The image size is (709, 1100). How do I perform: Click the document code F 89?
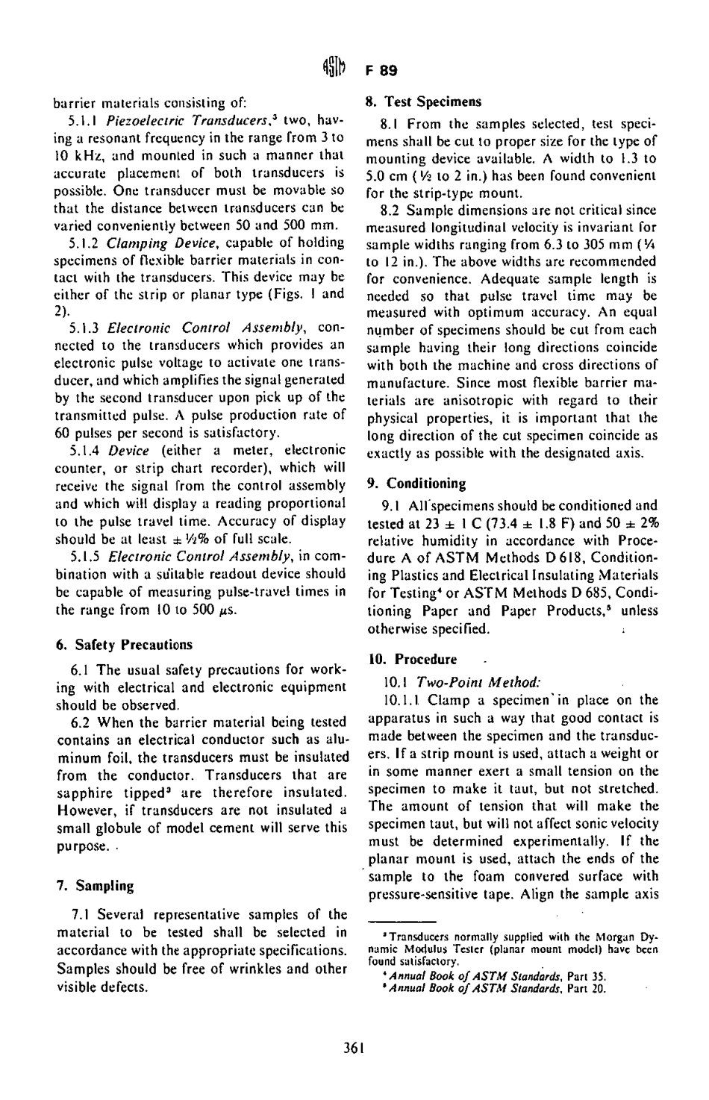[x=380, y=72]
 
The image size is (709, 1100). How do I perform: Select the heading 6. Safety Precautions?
[x=124, y=644]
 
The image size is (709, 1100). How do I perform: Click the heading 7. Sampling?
[x=95, y=886]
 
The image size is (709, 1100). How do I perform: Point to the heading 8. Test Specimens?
[x=423, y=101]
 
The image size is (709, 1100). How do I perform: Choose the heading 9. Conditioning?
[x=416, y=483]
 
